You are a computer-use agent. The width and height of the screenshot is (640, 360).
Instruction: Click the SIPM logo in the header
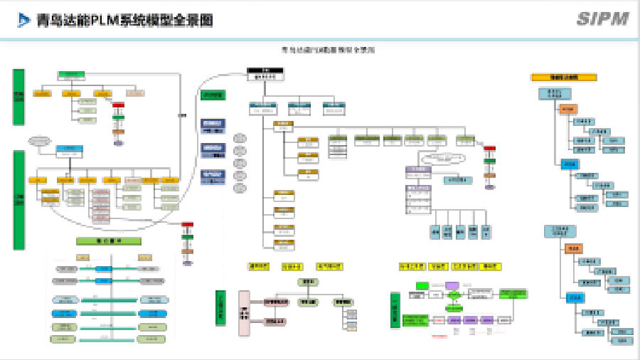pyautogui.click(x=602, y=18)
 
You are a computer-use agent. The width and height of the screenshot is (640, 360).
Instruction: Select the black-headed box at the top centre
pyautogui.click(x=265, y=73)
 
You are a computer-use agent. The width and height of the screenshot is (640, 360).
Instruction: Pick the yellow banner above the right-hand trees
pyautogui.click(x=564, y=77)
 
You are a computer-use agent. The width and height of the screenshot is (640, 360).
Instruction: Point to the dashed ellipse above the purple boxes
pyautogui.click(x=442, y=158)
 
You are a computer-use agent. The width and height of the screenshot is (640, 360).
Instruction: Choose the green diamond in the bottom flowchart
pyautogui.click(x=452, y=307)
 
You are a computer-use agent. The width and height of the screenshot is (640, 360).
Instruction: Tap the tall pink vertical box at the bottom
pyautogui.click(x=244, y=312)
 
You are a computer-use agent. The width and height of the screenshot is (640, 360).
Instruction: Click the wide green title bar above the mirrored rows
pyautogui.click(x=109, y=240)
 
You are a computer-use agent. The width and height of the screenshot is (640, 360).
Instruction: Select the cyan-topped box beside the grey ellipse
pyautogui.click(x=70, y=150)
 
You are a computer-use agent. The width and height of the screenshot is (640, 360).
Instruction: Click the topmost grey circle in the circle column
pyautogui.click(x=240, y=138)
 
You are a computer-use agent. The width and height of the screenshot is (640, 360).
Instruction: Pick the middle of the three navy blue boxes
pyautogui.click(x=213, y=148)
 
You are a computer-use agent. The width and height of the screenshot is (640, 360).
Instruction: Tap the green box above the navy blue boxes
pyautogui.click(x=213, y=95)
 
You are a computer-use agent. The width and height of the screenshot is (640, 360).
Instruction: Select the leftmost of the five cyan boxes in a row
pyautogui.click(x=434, y=231)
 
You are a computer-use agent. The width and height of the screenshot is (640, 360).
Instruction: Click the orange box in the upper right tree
pyautogui.click(x=568, y=109)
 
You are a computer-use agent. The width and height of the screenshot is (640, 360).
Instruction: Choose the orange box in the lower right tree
pyautogui.click(x=574, y=248)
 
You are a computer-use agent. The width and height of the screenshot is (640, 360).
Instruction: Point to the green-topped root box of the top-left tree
pyautogui.click(x=71, y=75)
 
